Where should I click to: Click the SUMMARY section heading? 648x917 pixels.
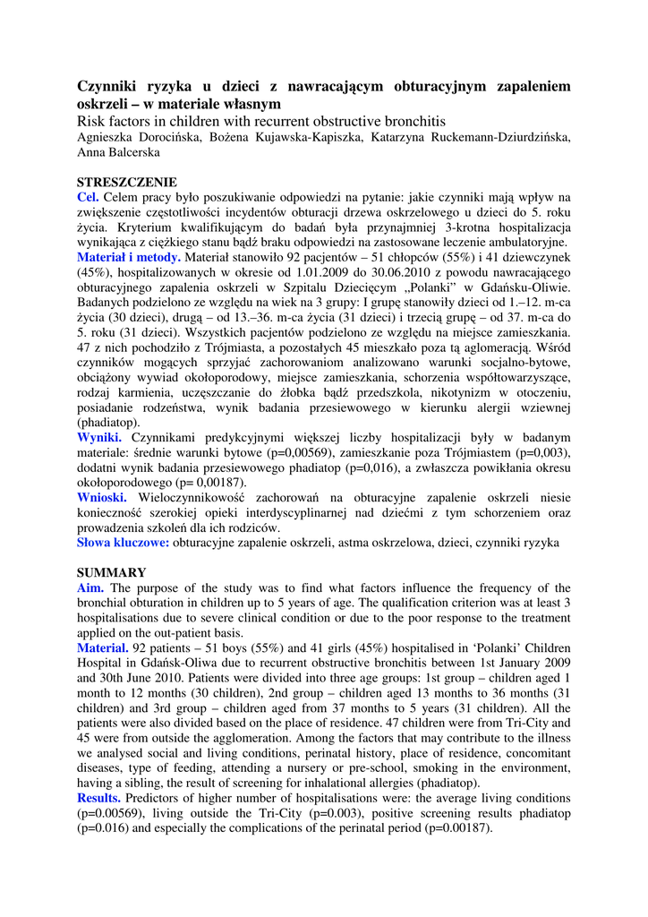(x=111, y=572)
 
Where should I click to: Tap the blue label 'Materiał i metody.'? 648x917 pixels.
(x=129, y=258)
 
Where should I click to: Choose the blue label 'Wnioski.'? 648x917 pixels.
(x=103, y=498)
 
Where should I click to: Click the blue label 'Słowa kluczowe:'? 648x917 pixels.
(x=123, y=543)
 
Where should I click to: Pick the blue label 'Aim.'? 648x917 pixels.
(x=90, y=587)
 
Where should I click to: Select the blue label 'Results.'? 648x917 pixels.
(x=99, y=797)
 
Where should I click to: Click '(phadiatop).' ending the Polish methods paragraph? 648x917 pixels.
(x=107, y=423)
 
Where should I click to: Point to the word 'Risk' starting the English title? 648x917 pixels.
(x=92, y=121)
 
